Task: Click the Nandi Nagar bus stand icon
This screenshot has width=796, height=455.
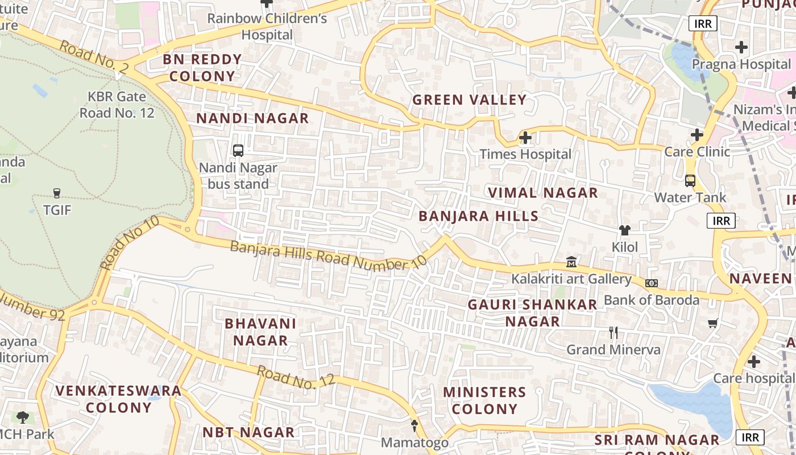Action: pos(238,151)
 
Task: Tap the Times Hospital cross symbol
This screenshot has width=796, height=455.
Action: pos(525,138)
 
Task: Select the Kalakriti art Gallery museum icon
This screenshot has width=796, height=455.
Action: pos(571,262)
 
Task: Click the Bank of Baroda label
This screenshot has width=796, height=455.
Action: pos(652,300)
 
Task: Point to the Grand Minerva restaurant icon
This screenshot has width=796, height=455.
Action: pos(613,333)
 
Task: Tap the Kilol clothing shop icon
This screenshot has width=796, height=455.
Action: pos(625,230)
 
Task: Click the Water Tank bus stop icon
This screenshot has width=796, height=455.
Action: pos(690,181)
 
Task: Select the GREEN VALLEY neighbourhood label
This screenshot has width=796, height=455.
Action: pos(469,100)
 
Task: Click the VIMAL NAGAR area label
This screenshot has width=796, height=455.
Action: pos(543,193)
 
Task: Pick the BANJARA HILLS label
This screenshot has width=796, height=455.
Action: pos(479,216)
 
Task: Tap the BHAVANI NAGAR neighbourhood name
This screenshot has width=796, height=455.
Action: pos(260,332)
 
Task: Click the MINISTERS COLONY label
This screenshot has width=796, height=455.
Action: pos(484,400)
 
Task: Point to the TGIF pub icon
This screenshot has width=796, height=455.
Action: pos(57,193)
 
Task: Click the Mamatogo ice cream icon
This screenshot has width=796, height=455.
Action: pos(414,425)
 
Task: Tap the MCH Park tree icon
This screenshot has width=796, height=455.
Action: pos(23,417)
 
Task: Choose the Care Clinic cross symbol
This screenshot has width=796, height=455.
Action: pos(697,135)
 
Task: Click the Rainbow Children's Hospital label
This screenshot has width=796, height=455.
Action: pos(267,26)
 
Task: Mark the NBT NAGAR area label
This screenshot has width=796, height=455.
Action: pos(248,432)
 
